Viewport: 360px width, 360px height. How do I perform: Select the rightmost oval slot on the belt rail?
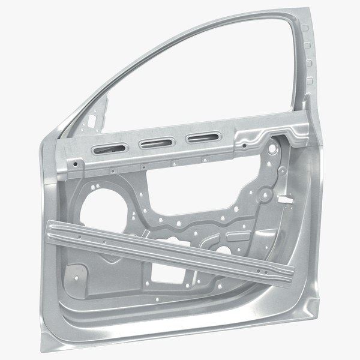point(199,139)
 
